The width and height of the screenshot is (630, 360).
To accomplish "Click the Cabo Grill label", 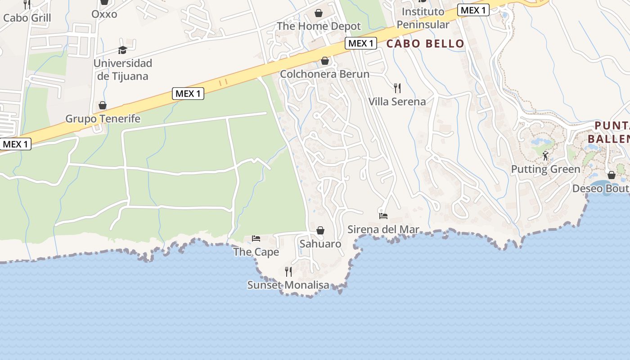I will click(27, 18).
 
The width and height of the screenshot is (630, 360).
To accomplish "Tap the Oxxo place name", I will click(104, 14).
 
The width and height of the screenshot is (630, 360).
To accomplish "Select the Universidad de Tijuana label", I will click(123, 70).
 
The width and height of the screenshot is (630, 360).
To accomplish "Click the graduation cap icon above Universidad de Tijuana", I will click(122, 50).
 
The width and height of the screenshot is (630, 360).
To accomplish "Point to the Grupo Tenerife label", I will click(103, 119).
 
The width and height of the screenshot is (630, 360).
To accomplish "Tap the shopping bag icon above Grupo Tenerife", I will click(103, 106).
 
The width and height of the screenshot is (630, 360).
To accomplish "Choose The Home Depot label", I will click(319, 26).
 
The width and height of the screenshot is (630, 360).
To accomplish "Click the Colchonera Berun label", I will click(324, 74).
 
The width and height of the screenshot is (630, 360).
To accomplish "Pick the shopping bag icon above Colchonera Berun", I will click(324, 61).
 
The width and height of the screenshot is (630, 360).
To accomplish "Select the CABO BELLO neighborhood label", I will click(425, 44).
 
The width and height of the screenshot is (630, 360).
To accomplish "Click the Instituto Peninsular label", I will click(423, 18).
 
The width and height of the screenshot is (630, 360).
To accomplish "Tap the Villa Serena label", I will click(397, 102).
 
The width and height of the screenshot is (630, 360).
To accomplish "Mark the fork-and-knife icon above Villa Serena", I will click(397, 88).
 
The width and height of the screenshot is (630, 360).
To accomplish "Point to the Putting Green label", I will click(545, 169).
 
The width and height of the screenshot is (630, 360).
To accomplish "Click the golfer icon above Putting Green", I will click(545, 156).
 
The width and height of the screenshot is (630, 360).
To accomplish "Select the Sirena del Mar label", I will click(383, 229).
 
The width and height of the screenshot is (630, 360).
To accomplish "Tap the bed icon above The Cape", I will click(256, 238).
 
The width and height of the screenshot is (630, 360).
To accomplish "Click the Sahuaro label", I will click(320, 244).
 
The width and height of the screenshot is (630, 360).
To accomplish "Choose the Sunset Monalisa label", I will click(288, 285).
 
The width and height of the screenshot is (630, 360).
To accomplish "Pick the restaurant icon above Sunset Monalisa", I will click(288, 272).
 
